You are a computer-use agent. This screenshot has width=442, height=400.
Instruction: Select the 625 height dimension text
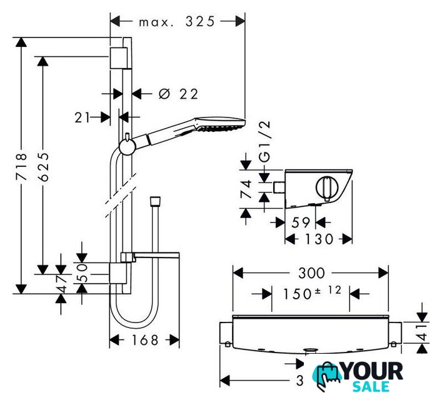[43, 167]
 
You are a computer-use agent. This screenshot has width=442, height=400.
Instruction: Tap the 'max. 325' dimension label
[177, 21]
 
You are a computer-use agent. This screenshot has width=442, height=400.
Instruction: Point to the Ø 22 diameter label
[179, 94]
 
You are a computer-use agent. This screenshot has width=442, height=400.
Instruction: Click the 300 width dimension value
[311, 273]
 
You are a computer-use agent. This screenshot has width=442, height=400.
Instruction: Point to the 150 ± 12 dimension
[310, 293]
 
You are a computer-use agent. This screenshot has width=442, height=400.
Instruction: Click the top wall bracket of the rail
[119, 57]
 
